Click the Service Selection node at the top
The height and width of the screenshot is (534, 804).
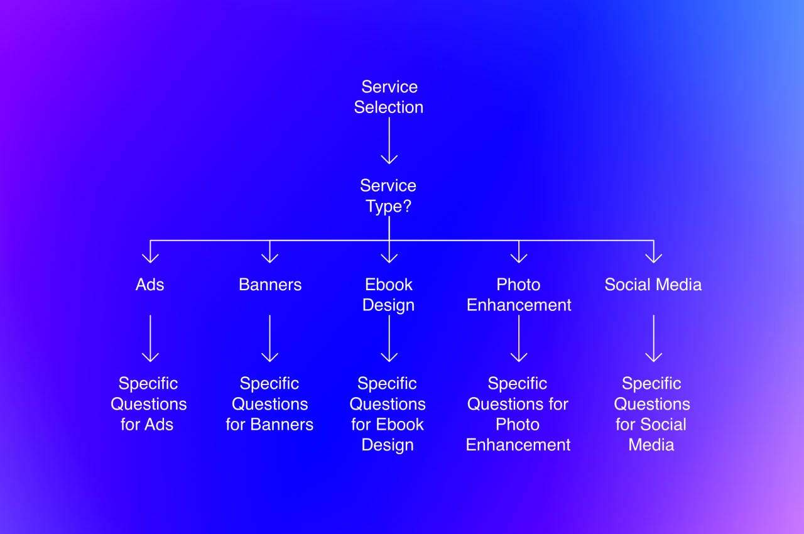tap(389, 97)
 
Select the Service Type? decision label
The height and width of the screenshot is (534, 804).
tap(388, 195)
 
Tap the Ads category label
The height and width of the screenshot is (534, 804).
tap(149, 285)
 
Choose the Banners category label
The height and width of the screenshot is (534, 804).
tap(270, 285)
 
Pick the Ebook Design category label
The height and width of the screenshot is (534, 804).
tap(389, 295)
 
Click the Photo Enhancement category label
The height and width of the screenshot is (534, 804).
tap(519, 295)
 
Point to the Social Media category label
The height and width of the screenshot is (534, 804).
tap(653, 285)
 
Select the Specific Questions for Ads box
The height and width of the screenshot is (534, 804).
tap(149, 404)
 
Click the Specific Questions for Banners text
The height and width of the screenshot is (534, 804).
tap(269, 404)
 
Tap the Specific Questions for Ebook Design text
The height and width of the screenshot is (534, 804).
tap(388, 414)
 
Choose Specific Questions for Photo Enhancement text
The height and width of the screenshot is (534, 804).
tap(518, 414)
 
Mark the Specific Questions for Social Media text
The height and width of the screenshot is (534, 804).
tap(652, 414)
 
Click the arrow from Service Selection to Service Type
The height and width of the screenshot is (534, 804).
tap(389, 141)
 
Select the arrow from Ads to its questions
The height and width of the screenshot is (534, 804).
tap(150, 339)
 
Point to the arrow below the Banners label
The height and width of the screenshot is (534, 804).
tap(270, 339)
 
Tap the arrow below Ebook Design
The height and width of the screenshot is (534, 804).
tap(389, 339)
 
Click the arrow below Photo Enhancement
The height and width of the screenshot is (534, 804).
tap(519, 339)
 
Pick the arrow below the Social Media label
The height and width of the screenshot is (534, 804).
tap(654, 339)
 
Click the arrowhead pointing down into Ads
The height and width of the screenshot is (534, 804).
tap(150, 256)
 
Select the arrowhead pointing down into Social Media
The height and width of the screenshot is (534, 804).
tap(654, 256)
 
